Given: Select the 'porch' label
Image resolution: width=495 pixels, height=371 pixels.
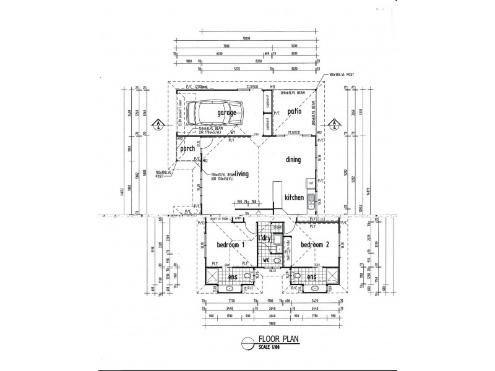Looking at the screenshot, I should click(x=187, y=148).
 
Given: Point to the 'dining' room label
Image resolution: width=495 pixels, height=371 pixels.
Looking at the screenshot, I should click(x=293, y=160).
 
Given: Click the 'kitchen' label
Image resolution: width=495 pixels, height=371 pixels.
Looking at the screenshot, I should click(x=293, y=197).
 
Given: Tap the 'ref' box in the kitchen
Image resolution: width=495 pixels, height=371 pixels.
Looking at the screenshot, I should click(x=311, y=184).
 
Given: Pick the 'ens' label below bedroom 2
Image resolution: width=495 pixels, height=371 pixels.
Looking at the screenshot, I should click(x=311, y=277).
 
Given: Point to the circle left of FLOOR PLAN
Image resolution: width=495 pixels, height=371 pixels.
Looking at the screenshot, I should click(x=247, y=341).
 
